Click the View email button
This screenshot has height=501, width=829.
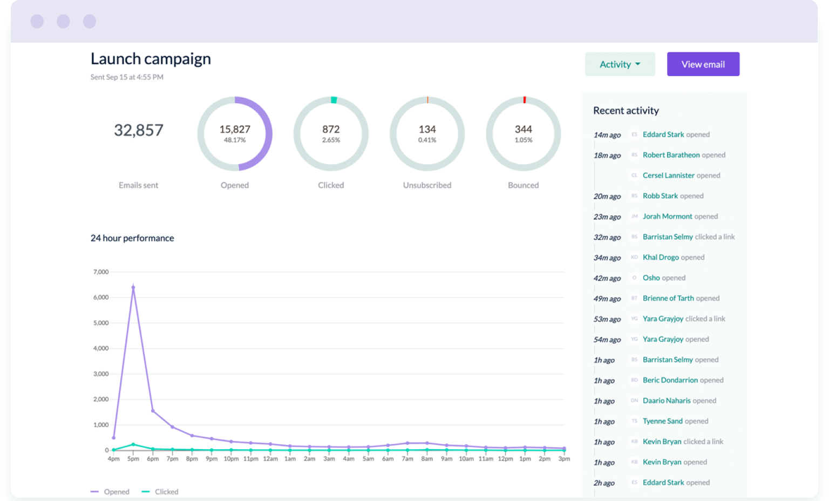point(703,64)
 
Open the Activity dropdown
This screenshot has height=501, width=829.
point(620,64)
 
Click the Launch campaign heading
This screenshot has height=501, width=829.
point(151,59)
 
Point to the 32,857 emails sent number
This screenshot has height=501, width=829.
point(138,130)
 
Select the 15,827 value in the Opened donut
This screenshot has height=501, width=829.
point(235,130)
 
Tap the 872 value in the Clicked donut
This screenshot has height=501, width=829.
point(331,130)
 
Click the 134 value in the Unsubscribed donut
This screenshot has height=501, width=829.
point(427,130)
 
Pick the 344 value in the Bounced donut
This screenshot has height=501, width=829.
point(523,130)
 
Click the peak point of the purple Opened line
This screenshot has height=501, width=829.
point(133,287)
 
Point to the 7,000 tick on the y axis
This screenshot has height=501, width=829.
point(101,272)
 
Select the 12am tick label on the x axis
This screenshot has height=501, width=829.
point(270,459)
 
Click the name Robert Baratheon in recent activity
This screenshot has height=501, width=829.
point(671,155)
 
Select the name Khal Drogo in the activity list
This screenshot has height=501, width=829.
point(661,258)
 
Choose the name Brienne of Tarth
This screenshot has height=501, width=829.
point(668,299)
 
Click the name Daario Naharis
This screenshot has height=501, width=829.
point(667,401)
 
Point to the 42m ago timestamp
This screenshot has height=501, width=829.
point(607,279)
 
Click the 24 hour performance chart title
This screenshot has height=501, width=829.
point(132,238)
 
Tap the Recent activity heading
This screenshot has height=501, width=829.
point(626,111)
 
